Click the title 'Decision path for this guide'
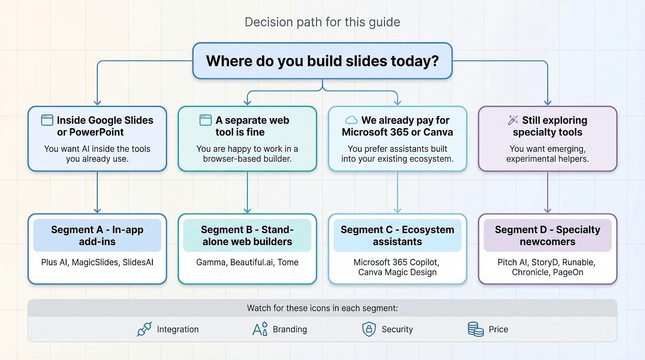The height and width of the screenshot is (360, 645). click(322, 22)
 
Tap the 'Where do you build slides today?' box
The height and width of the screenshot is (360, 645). click(322, 61)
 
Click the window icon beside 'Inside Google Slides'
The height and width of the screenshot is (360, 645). click(47, 120)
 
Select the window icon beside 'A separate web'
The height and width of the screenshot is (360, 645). click(205, 120)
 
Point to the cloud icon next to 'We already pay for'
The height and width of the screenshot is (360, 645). click(351, 120)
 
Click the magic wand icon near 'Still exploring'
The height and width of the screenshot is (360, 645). click(513, 120)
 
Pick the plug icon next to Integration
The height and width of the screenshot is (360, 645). click(144, 329)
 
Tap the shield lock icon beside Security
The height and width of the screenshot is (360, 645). click(369, 329)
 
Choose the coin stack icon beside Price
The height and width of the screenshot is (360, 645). click(476, 329)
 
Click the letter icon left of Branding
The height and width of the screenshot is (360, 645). click(260, 329)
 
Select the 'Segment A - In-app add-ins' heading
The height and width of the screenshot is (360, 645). click(97, 235)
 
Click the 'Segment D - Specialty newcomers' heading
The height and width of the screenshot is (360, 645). click(547, 235)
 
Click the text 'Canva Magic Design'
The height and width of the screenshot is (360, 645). click(397, 272)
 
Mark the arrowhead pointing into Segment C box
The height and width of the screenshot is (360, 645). click(397, 210)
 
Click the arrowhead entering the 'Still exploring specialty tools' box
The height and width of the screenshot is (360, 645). click(547, 103)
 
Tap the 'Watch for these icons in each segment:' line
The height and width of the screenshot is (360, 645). click(322, 308)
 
